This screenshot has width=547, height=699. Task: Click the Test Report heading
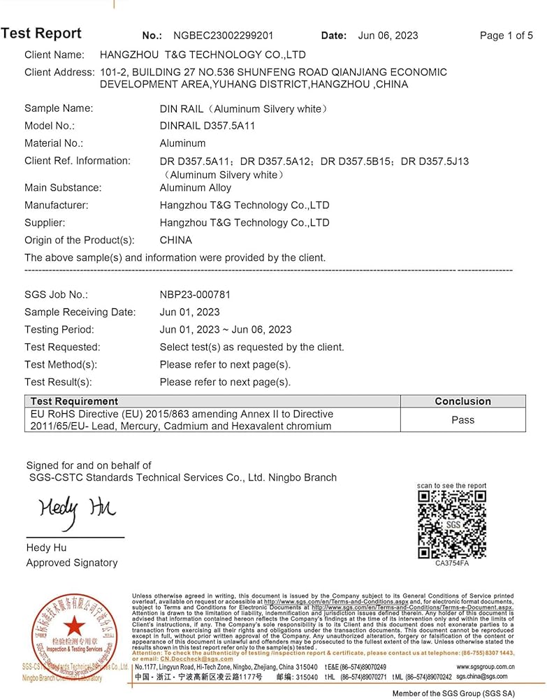pyautogui.click(x=41, y=34)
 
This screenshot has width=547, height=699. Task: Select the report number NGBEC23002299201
pyautogui.click(x=223, y=36)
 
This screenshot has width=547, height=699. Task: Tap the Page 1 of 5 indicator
pyautogui.click(x=506, y=36)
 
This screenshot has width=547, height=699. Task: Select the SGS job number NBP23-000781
pyautogui.click(x=195, y=295)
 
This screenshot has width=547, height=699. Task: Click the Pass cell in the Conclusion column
pyautogui.click(x=462, y=420)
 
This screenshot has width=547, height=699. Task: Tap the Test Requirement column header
pyautogui.click(x=73, y=401)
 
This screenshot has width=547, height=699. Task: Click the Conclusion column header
pyautogui.click(x=462, y=401)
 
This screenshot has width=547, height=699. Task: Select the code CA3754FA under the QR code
pyautogui.click(x=452, y=563)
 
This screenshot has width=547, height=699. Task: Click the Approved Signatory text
pyautogui.click(x=72, y=563)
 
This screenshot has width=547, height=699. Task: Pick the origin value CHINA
pyautogui.click(x=175, y=240)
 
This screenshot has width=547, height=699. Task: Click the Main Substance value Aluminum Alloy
pyautogui.click(x=196, y=187)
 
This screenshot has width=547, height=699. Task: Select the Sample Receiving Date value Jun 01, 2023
pyautogui.click(x=189, y=312)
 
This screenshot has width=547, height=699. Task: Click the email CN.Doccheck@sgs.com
pyautogui.click(x=196, y=659)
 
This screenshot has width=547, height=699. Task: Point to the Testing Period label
pyautogui.click(x=59, y=330)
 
